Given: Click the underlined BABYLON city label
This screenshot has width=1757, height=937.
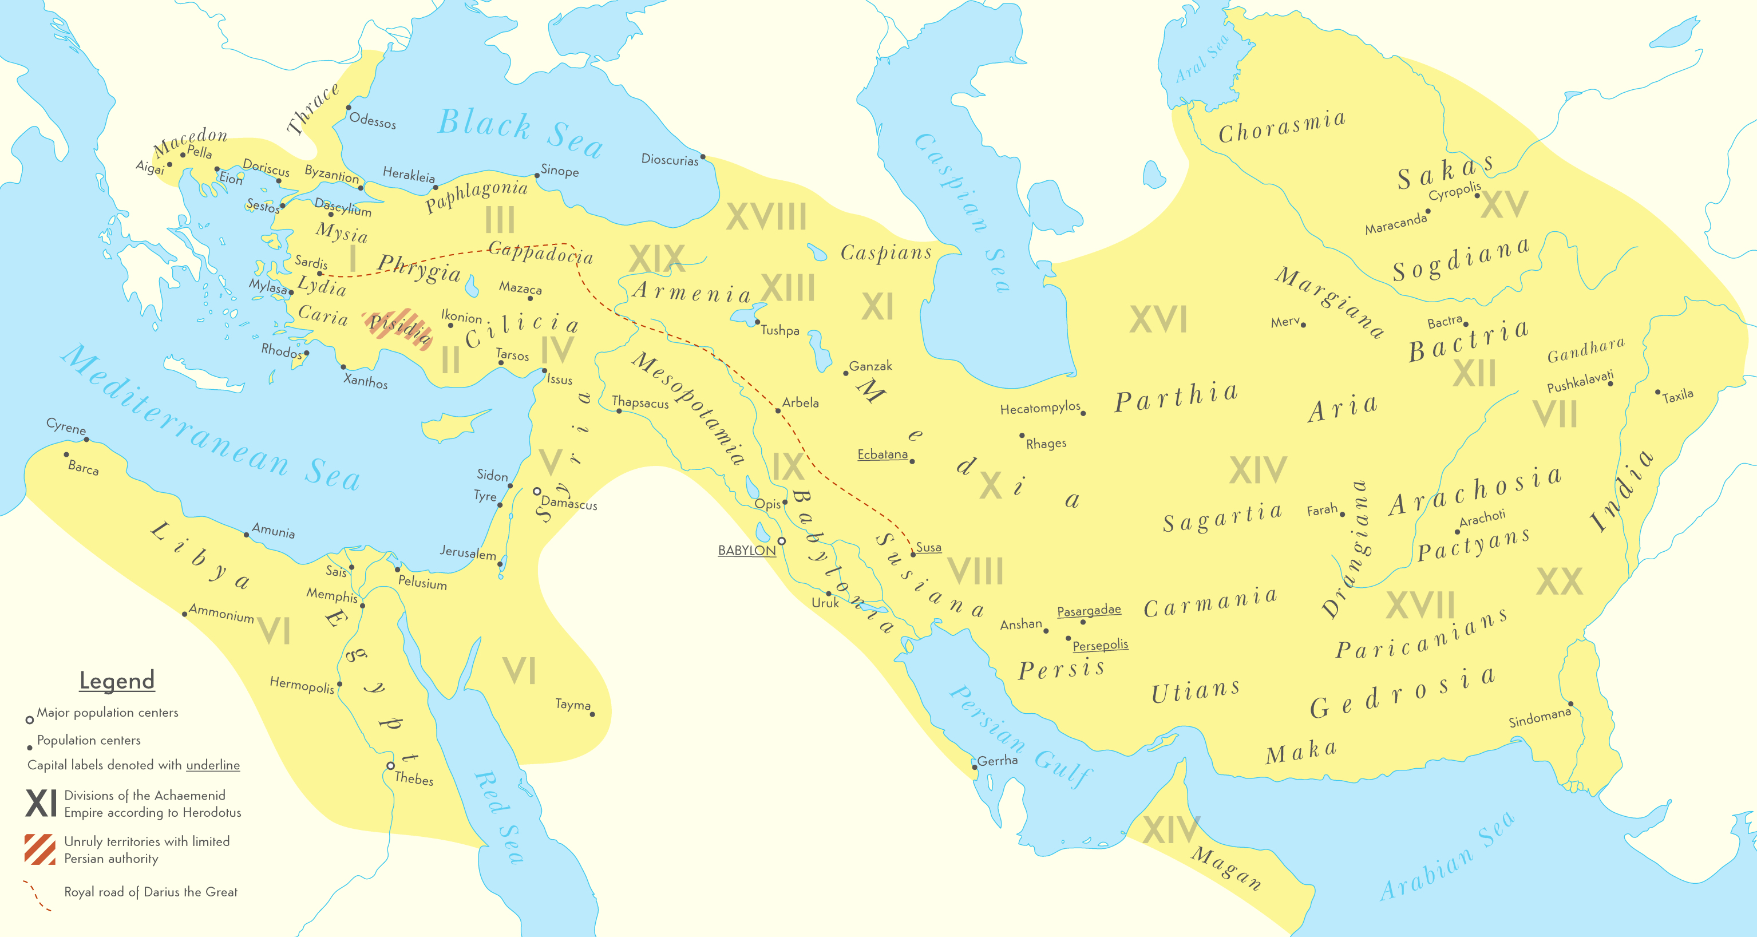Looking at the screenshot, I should (x=747, y=550).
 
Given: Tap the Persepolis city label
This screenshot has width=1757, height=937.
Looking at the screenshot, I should (x=1099, y=645).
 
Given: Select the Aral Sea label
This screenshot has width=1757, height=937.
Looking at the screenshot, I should (x=1202, y=58).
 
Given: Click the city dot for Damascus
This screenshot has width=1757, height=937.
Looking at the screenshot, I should (x=537, y=491).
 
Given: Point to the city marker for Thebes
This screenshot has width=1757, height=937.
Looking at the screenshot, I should (x=390, y=766).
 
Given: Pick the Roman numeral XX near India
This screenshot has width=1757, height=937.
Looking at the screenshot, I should (x=1559, y=582).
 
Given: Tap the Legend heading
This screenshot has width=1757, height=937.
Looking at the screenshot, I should (x=117, y=680).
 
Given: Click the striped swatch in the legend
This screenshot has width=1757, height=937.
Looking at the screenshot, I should (x=39, y=849).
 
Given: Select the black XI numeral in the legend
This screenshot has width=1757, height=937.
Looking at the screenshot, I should (x=41, y=802).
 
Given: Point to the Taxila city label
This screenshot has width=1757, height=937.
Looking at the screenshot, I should (x=1677, y=396).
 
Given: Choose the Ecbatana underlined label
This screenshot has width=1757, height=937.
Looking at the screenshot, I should (x=883, y=454).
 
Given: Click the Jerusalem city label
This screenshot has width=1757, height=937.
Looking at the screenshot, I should (x=468, y=552).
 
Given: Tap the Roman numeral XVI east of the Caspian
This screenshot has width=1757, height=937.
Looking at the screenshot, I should (x=1158, y=319).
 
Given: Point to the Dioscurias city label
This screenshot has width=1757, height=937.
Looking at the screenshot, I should (x=670, y=160).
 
